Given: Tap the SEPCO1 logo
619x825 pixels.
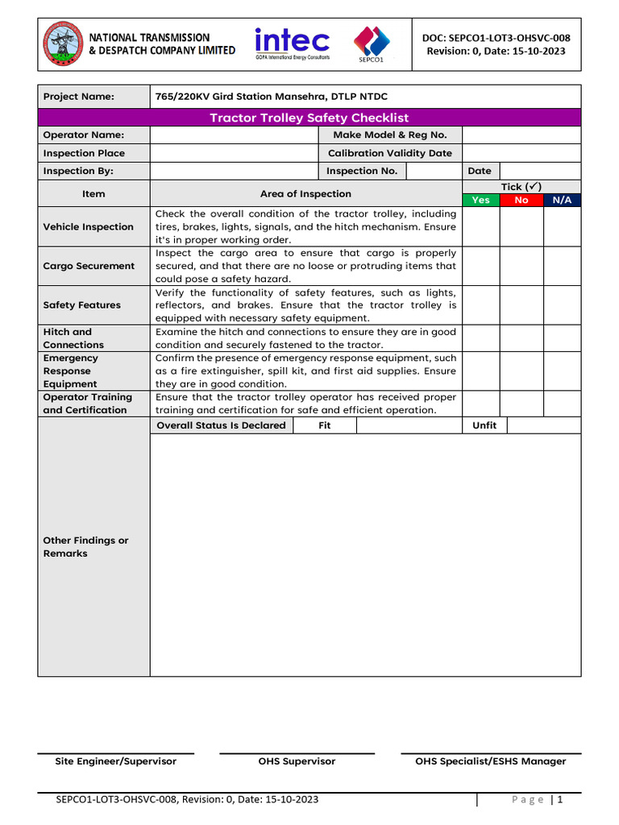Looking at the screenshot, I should pyautogui.click(x=372, y=44).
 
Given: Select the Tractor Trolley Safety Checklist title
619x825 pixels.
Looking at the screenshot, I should pyautogui.click(x=309, y=118).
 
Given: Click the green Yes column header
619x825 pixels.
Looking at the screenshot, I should pyautogui.click(x=480, y=200).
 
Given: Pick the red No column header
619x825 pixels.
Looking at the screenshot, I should pyautogui.click(x=521, y=200).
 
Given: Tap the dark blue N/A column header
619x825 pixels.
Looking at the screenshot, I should pyautogui.click(x=562, y=200).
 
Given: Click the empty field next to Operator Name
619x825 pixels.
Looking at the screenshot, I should pyautogui.click(x=235, y=135).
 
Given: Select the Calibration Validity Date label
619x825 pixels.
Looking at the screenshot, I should pyautogui.click(x=390, y=153).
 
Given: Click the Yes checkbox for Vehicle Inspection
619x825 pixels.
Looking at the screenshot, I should pyautogui.click(x=480, y=226).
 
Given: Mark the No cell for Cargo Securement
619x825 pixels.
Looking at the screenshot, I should pyautogui.click(x=521, y=266).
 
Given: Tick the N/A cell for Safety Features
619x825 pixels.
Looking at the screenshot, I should pyautogui.click(x=562, y=305).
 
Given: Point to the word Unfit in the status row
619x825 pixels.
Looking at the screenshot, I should pyautogui.click(x=484, y=425).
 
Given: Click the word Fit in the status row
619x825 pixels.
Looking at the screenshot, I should pyautogui.click(x=324, y=425).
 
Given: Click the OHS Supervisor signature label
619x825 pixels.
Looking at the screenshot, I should pyautogui.click(x=297, y=761).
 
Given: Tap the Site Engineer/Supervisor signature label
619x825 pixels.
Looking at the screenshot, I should pyautogui.click(x=115, y=761).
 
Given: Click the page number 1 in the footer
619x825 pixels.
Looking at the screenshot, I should pyautogui.click(x=559, y=800).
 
